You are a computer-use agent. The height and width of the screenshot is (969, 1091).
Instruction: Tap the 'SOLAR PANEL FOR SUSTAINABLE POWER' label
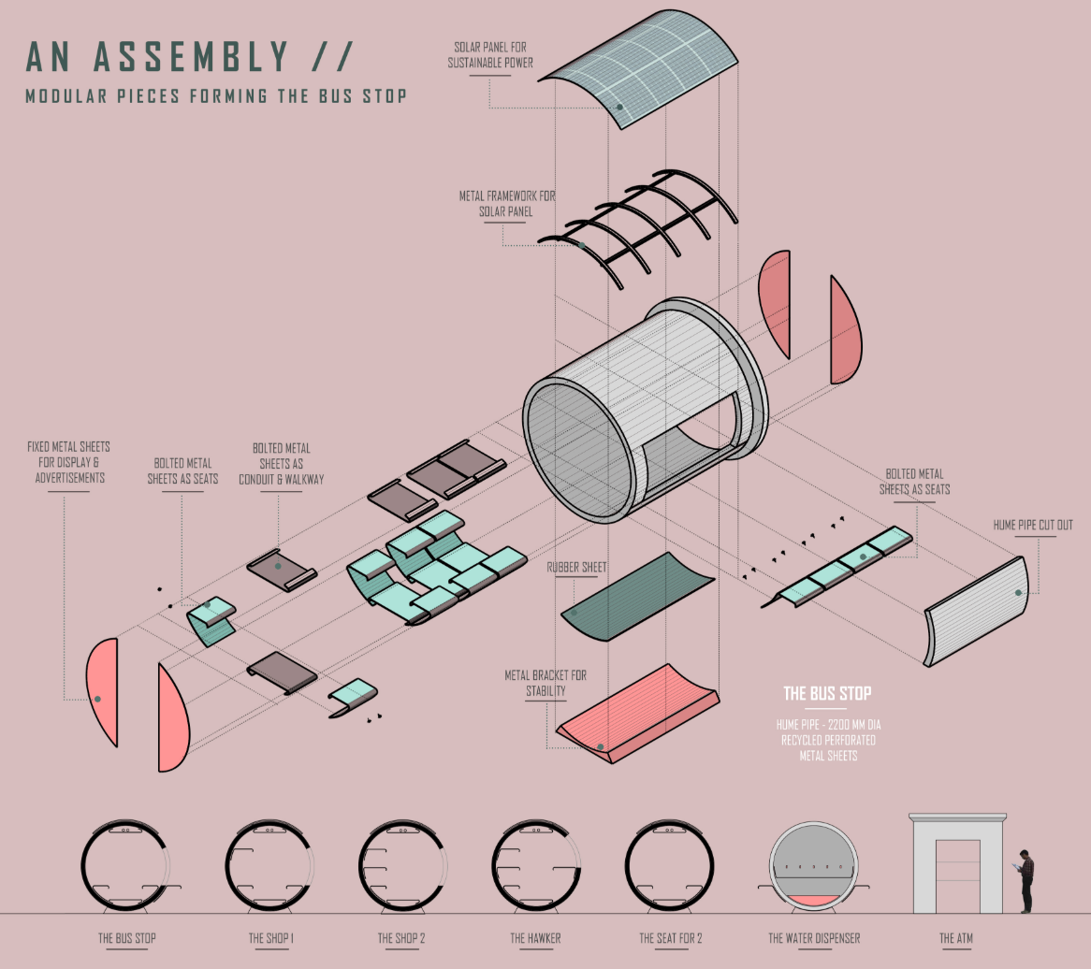[490, 55]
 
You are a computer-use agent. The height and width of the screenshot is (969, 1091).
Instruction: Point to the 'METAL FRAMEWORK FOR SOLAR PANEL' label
[506, 204]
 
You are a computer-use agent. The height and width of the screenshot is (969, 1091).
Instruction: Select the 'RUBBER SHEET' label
[576, 567]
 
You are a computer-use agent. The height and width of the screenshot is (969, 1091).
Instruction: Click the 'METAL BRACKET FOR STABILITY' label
[545, 683]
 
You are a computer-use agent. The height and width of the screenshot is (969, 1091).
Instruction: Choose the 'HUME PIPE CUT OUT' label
[1033, 525]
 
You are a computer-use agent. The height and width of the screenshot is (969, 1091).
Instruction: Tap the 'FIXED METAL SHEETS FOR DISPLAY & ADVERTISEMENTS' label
[68, 462]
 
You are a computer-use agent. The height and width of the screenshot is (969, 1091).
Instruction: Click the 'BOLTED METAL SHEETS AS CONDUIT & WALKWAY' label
[281, 463]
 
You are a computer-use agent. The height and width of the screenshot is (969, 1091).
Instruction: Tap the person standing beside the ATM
[1026, 880]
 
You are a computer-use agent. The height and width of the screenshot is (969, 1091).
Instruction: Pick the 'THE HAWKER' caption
[535, 938]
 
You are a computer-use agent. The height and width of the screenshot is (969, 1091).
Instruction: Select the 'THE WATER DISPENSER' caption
[813, 938]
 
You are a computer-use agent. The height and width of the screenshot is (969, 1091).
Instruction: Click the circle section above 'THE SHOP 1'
[270, 866]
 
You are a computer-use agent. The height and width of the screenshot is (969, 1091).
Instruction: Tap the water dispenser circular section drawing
[813, 866]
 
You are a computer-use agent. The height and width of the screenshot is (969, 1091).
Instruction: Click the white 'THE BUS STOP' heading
[827, 693]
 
